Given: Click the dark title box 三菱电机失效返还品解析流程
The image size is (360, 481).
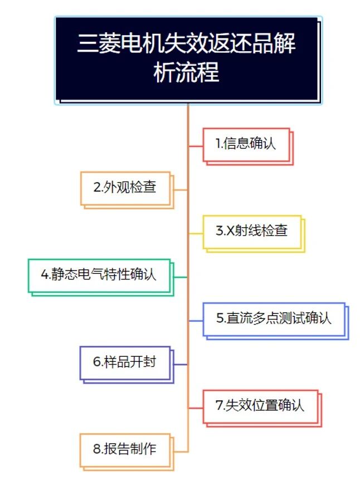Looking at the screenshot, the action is (188, 60).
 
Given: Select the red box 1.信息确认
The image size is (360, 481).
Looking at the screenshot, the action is (248, 146).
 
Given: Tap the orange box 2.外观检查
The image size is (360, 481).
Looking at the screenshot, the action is (127, 190).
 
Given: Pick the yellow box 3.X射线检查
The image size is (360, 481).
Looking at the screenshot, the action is (254, 234).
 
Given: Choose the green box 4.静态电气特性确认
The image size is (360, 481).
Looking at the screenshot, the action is (101, 277).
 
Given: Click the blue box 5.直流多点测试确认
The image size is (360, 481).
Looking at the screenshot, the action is (275, 321).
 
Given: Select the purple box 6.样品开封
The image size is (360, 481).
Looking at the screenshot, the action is (127, 365).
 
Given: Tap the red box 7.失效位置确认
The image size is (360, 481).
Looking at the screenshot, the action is (262, 408).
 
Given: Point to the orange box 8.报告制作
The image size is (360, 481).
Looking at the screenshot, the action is (127, 452).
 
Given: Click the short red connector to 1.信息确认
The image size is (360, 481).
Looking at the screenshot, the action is (196, 146).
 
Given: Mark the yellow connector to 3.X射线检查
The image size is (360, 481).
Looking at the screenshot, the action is (196, 234).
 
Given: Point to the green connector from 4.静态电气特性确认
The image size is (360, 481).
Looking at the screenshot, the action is (181, 277).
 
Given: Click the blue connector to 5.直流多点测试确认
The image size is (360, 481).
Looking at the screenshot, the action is (196, 321).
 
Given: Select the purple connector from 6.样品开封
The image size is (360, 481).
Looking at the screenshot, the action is (181, 365).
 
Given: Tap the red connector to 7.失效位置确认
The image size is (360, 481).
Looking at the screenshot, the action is (196, 408).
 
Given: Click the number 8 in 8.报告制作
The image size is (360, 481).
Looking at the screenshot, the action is (97, 449).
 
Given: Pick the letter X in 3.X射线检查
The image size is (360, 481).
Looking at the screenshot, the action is (230, 230).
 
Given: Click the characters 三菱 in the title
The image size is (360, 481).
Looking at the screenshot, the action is (98, 43).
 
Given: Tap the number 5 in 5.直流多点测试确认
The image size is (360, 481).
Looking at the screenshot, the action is (220, 318).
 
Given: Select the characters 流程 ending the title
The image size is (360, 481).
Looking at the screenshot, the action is (197, 72).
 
